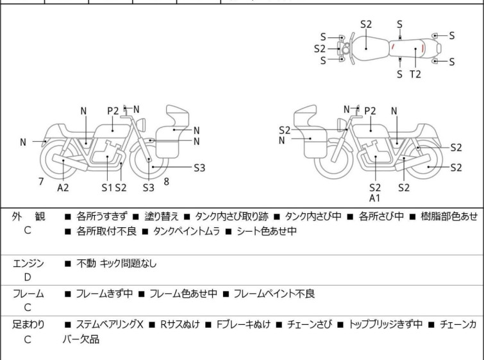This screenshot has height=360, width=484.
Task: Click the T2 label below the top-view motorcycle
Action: pos(415,74)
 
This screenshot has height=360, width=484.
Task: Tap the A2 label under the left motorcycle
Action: pos(63,187)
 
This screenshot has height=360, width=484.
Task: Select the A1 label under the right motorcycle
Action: pos(375,198)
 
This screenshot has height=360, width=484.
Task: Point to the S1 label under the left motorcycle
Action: pos(106,187)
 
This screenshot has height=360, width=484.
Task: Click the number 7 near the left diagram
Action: pos(41,182)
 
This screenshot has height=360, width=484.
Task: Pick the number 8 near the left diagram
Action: pos(167,182)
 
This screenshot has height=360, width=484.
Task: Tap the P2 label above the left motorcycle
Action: pos(113,111)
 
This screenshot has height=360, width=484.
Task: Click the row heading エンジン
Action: pos(28,262)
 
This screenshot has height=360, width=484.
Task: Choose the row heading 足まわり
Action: pos(28,325)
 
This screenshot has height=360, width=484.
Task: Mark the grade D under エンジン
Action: pos(28,277)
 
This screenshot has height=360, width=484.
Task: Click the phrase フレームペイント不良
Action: pos(274,293)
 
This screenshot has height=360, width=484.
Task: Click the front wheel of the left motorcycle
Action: pos(149,160)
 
